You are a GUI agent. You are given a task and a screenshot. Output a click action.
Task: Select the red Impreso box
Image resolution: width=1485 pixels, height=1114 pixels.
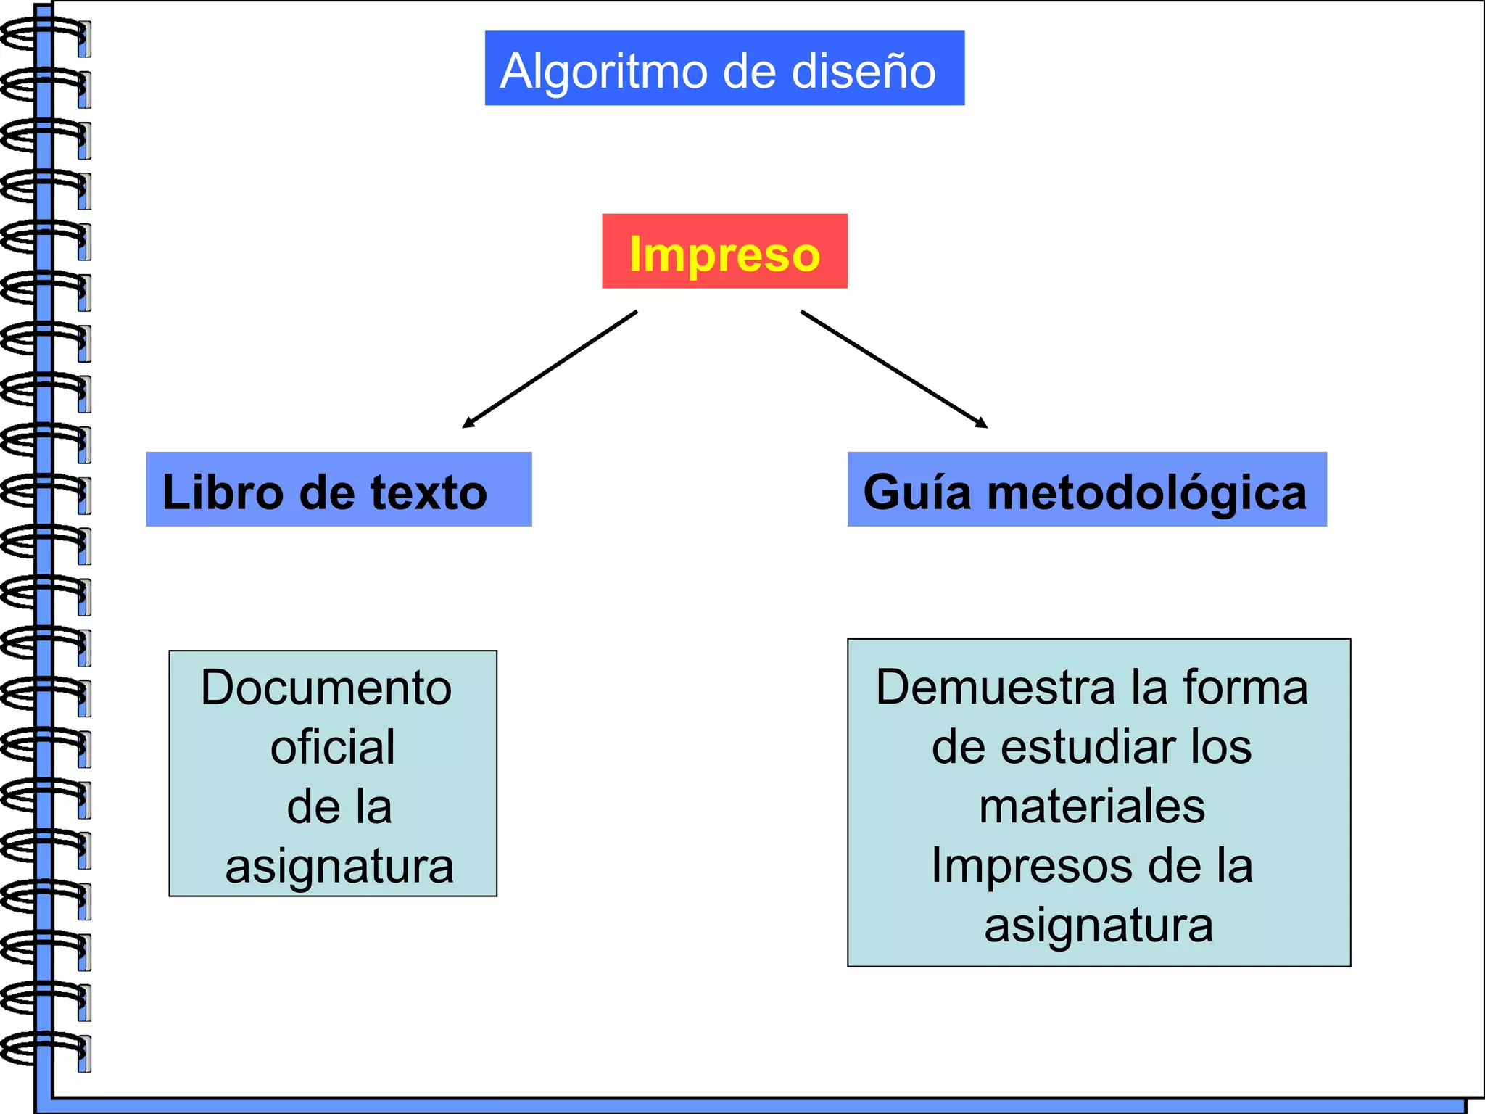tap(724, 252)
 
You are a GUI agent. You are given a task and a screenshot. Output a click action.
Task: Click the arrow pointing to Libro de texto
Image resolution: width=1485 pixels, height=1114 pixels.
tap(550, 369)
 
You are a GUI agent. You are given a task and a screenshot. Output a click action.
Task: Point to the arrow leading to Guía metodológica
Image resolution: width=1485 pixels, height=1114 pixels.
tap(893, 369)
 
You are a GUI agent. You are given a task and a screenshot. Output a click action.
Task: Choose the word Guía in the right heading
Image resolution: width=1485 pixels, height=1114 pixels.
tap(917, 492)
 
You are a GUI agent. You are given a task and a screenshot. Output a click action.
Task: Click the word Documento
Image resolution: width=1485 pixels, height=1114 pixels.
tap(326, 688)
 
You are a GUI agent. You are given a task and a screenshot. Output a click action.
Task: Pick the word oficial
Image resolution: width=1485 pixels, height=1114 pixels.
tap(333, 747)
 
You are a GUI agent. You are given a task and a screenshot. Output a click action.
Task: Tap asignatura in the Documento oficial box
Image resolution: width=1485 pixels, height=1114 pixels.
tap(339, 866)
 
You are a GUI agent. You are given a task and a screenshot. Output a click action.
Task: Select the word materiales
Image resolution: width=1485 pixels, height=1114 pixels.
tap(1092, 806)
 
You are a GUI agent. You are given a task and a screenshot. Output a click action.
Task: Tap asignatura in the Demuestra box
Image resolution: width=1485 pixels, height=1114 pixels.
tap(1099, 925)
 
